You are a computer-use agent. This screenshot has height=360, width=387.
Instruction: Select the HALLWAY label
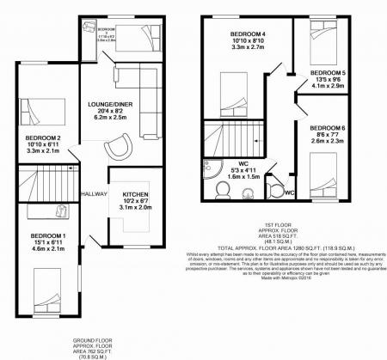click(x=93, y=194)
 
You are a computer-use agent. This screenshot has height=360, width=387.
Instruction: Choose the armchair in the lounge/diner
click(x=114, y=149)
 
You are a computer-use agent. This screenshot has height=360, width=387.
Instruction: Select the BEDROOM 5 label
click(x=328, y=71)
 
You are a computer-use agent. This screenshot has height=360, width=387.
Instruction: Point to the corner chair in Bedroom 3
click(x=93, y=27)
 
